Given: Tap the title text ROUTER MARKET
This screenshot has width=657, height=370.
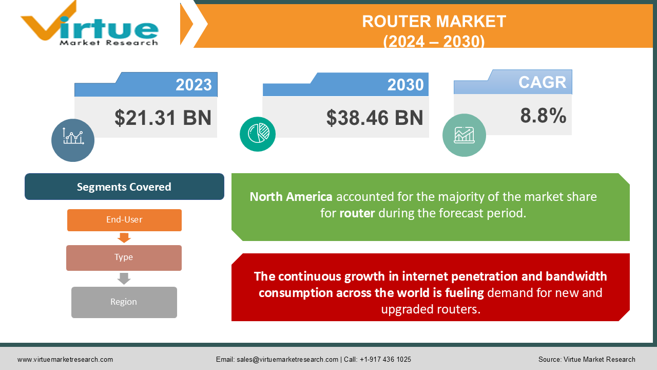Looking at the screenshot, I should (434, 21).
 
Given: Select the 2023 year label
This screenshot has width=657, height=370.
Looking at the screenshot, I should (194, 85).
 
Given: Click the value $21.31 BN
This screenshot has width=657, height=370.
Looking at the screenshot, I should (163, 118).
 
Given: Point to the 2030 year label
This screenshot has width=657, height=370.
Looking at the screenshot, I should (405, 85).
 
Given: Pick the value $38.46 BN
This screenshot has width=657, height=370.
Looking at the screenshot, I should (375, 118).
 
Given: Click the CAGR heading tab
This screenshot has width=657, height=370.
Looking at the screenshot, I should (542, 82).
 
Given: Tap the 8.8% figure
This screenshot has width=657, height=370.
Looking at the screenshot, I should (543, 116).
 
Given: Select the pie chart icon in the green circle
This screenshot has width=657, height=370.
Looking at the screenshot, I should (258, 134).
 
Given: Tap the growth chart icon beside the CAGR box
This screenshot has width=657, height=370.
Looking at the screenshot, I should (464, 135).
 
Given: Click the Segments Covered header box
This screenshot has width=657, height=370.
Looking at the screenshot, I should (124, 187).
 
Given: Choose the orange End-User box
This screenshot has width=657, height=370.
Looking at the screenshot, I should (124, 220).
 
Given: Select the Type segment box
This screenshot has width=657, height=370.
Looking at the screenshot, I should (124, 257).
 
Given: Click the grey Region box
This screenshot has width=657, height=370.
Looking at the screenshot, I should (124, 302).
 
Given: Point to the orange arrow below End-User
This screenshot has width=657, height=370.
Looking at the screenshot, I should (124, 238).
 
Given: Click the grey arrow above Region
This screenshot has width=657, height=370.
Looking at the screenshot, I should (124, 279).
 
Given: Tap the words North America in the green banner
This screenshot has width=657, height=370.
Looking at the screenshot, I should (291, 197).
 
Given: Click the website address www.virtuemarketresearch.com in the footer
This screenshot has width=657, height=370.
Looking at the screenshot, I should (65, 360).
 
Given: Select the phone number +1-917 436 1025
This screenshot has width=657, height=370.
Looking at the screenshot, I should (385, 360).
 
